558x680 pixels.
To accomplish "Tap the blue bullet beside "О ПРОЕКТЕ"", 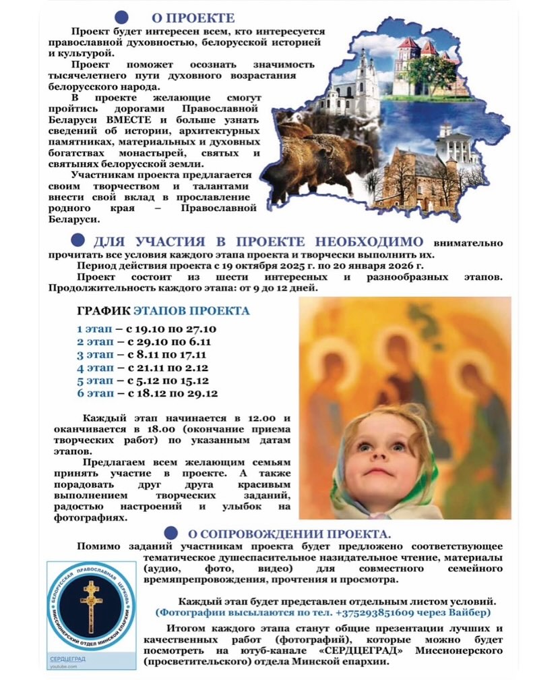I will (121, 18).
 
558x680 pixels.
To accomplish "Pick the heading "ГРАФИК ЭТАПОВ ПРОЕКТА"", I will (164, 311).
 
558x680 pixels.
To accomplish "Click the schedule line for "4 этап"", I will (142, 368).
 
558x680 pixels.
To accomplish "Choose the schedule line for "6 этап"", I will (147, 393).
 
